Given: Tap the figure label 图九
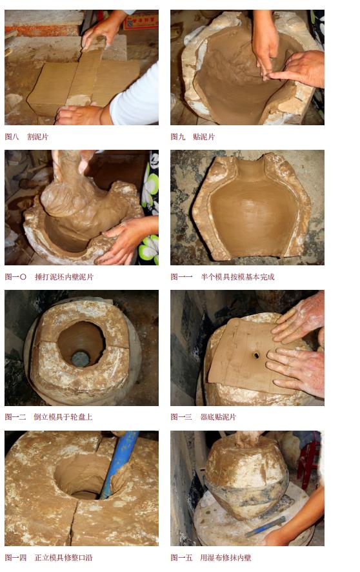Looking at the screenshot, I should [x=177, y=137].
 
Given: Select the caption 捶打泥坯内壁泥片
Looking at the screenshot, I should [x=64, y=277].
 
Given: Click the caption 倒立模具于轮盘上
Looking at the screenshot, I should [x=63, y=417].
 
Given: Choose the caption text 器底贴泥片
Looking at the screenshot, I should [x=219, y=417].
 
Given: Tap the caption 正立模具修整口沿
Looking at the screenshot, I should [x=63, y=557].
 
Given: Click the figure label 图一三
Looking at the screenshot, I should [x=181, y=417].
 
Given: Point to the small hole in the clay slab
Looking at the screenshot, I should [x=256, y=355].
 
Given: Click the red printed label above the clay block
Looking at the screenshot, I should [x=141, y=21].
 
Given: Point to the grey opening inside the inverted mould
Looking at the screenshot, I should [x=80, y=358].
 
